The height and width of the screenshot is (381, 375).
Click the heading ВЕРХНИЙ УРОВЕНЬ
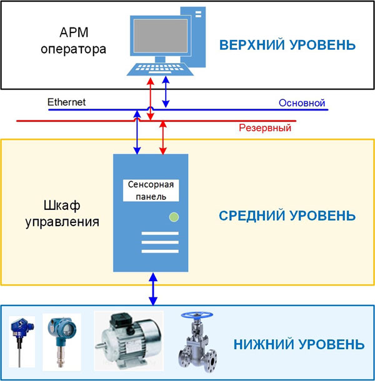coord(287,45)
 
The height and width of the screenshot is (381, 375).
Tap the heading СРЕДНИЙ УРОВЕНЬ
coord(287,215)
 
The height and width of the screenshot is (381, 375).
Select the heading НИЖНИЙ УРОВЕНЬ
coord(299,344)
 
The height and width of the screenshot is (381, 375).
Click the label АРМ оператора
coord(74,41)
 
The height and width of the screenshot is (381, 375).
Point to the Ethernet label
coord(66,102)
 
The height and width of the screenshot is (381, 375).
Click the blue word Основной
coord(302,103)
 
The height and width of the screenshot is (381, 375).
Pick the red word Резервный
coord(265,128)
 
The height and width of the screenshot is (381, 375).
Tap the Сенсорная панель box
coord(151,190)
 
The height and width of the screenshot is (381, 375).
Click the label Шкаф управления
coord(62,214)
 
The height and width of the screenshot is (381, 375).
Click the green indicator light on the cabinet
coord(174,217)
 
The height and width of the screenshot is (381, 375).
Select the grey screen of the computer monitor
coord(161,36)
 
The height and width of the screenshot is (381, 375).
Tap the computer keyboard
coord(160,69)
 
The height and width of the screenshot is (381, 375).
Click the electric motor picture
coord(129,340)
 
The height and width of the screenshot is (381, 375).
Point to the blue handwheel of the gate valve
coord(197,315)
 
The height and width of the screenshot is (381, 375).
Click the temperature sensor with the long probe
coord(22,342)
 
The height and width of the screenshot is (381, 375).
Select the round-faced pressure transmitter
coord(61,342)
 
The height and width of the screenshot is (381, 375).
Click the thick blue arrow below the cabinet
coord(153,289)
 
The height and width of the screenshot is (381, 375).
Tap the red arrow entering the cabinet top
coord(163,138)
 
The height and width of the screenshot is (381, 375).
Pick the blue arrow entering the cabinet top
coord(137,132)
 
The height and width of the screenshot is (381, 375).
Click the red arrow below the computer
coord(151,99)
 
